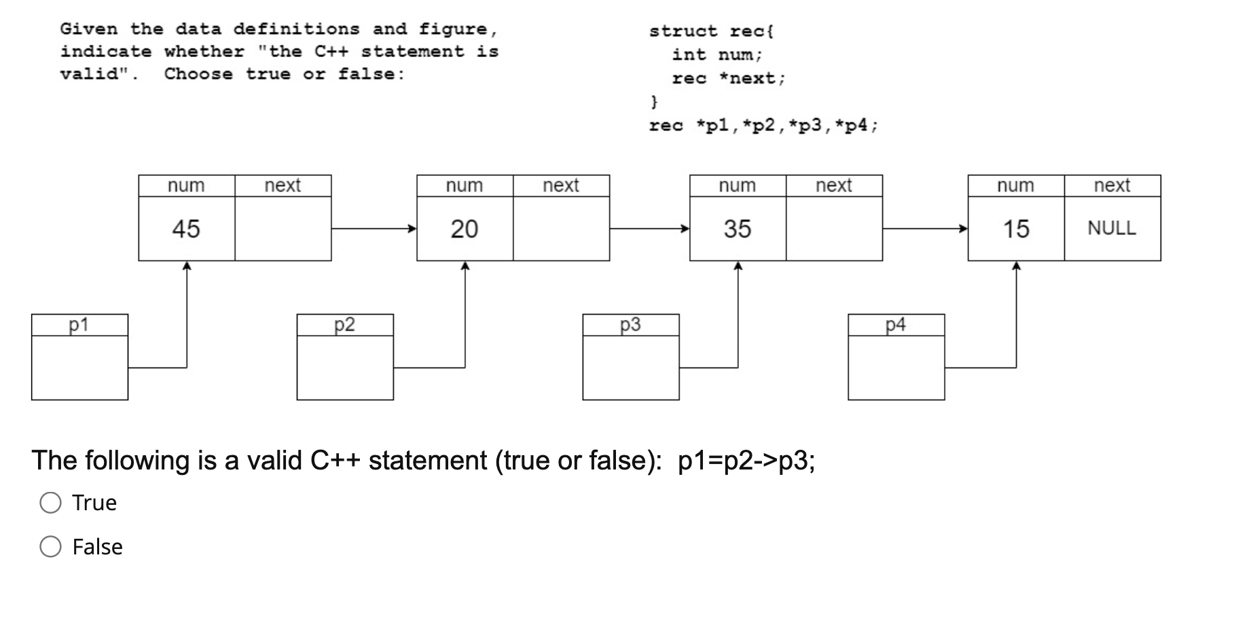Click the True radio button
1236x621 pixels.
click(x=51, y=503)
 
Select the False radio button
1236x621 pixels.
click(x=51, y=546)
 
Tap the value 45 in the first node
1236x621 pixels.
click(x=186, y=229)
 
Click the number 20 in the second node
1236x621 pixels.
click(x=465, y=229)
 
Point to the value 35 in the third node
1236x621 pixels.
click(x=738, y=229)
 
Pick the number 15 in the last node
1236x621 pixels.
click(x=1016, y=229)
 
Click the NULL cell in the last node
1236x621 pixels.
click(x=1112, y=228)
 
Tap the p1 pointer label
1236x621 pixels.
click(x=79, y=325)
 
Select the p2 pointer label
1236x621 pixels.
click(x=344, y=325)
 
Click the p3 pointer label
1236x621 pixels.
click(x=630, y=325)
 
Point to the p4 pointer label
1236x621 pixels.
click(x=896, y=325)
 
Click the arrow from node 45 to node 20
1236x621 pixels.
click(x=374, y=229)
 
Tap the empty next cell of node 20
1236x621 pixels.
click(x=561, y=229)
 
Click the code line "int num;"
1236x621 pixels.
click(x=717, y=54)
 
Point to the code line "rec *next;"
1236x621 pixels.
click(x=728, y=78)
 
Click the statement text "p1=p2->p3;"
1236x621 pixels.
click(x=746, y=461)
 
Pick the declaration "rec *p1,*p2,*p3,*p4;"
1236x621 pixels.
click(x=763, y=126)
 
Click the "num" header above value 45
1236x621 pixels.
click(x=186, y=185)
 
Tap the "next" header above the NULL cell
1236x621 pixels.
click(x=1112, y=185)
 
